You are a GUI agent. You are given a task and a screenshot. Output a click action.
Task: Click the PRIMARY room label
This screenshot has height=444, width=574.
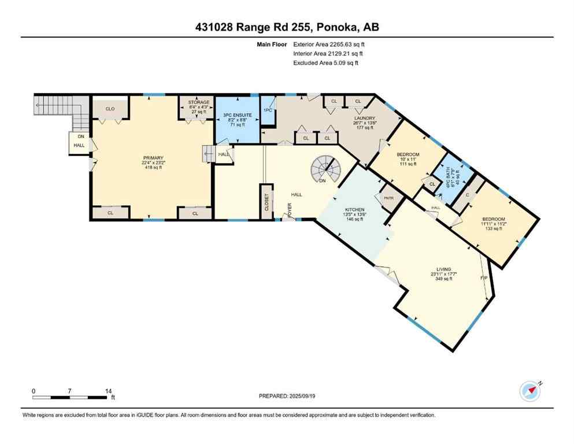[154, 158]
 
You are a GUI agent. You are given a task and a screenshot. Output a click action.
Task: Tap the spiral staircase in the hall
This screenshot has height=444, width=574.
[327, 170]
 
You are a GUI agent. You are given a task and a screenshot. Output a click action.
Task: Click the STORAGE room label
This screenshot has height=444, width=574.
[199, 102]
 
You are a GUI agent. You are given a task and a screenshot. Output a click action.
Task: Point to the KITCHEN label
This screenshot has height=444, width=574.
[353, 210]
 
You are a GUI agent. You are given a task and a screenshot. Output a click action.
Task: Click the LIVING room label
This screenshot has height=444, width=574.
[444, 269]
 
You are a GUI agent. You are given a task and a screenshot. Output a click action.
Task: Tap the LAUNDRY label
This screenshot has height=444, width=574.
[365, 119]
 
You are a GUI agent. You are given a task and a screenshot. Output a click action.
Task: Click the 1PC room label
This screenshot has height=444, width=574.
[268, 110]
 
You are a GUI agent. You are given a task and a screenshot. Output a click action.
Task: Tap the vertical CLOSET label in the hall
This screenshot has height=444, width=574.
[266, 202]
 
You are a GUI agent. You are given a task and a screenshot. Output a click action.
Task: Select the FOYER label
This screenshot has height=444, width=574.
[286, 212]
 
